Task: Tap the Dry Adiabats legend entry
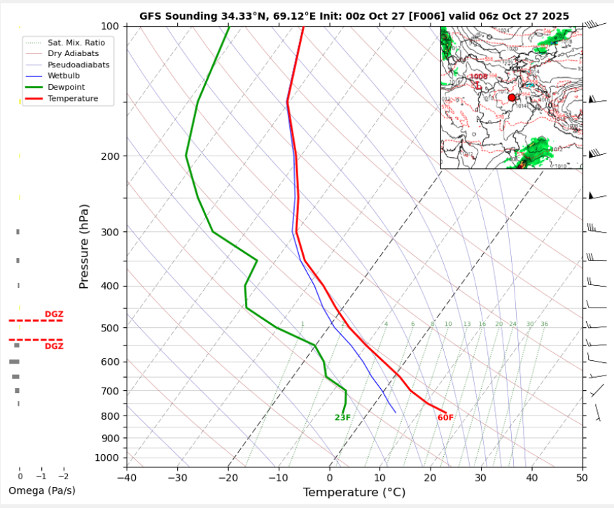pyautogui.click(x=73, y=53)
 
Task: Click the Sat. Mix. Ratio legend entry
pyautogui.click(x=76, y=42)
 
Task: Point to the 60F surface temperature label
pyautogui.click(x=445, y=418)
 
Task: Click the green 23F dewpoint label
pyautogui.click(x=342, y=418)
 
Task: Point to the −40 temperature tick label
pyautogui.click(x=126, y=477)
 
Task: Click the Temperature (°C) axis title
pyautogui.click(x=354, y=493)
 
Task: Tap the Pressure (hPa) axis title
pyautogui.click(x=85, y=247)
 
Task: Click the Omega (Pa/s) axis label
pyautogui.click(x=42, y=490)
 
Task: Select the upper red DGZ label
pyautogui.click(x=54, y=314)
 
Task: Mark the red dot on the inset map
pyautogui.click(x=512, y=97)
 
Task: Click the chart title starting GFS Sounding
pyautogui.click(x=354, y=15)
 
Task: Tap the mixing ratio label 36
pyautogui.click(x=544, y=324)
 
